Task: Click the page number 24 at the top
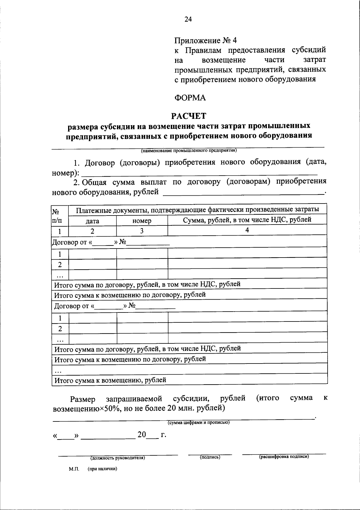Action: (188, 19)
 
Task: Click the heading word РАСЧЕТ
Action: (189, 116)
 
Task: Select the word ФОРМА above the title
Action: (190, 98)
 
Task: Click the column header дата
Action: (92, 221)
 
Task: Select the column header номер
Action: (142, 221)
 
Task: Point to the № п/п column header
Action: (57, 216)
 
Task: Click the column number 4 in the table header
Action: (247, 230)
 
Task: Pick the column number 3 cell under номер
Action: (142, 231)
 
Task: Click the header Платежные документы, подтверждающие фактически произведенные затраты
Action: (197, 210)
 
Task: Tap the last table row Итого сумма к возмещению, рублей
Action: (110, 380)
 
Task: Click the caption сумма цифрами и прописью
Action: (198, 422)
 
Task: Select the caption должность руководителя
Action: (118, 458)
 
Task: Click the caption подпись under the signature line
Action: (210, 457)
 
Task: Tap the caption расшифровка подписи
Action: (284, 457)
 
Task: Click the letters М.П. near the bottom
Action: (73, 469)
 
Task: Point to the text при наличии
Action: (102, 469)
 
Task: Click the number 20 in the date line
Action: (142, 435)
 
